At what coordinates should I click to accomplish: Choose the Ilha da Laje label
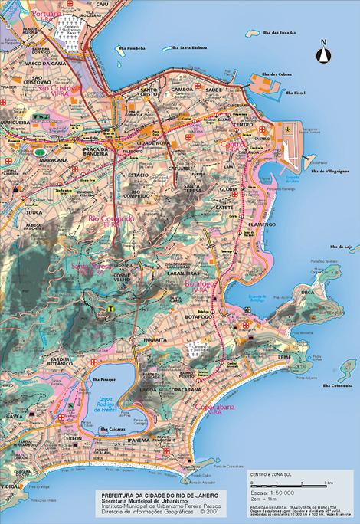[x=339, y=247]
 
